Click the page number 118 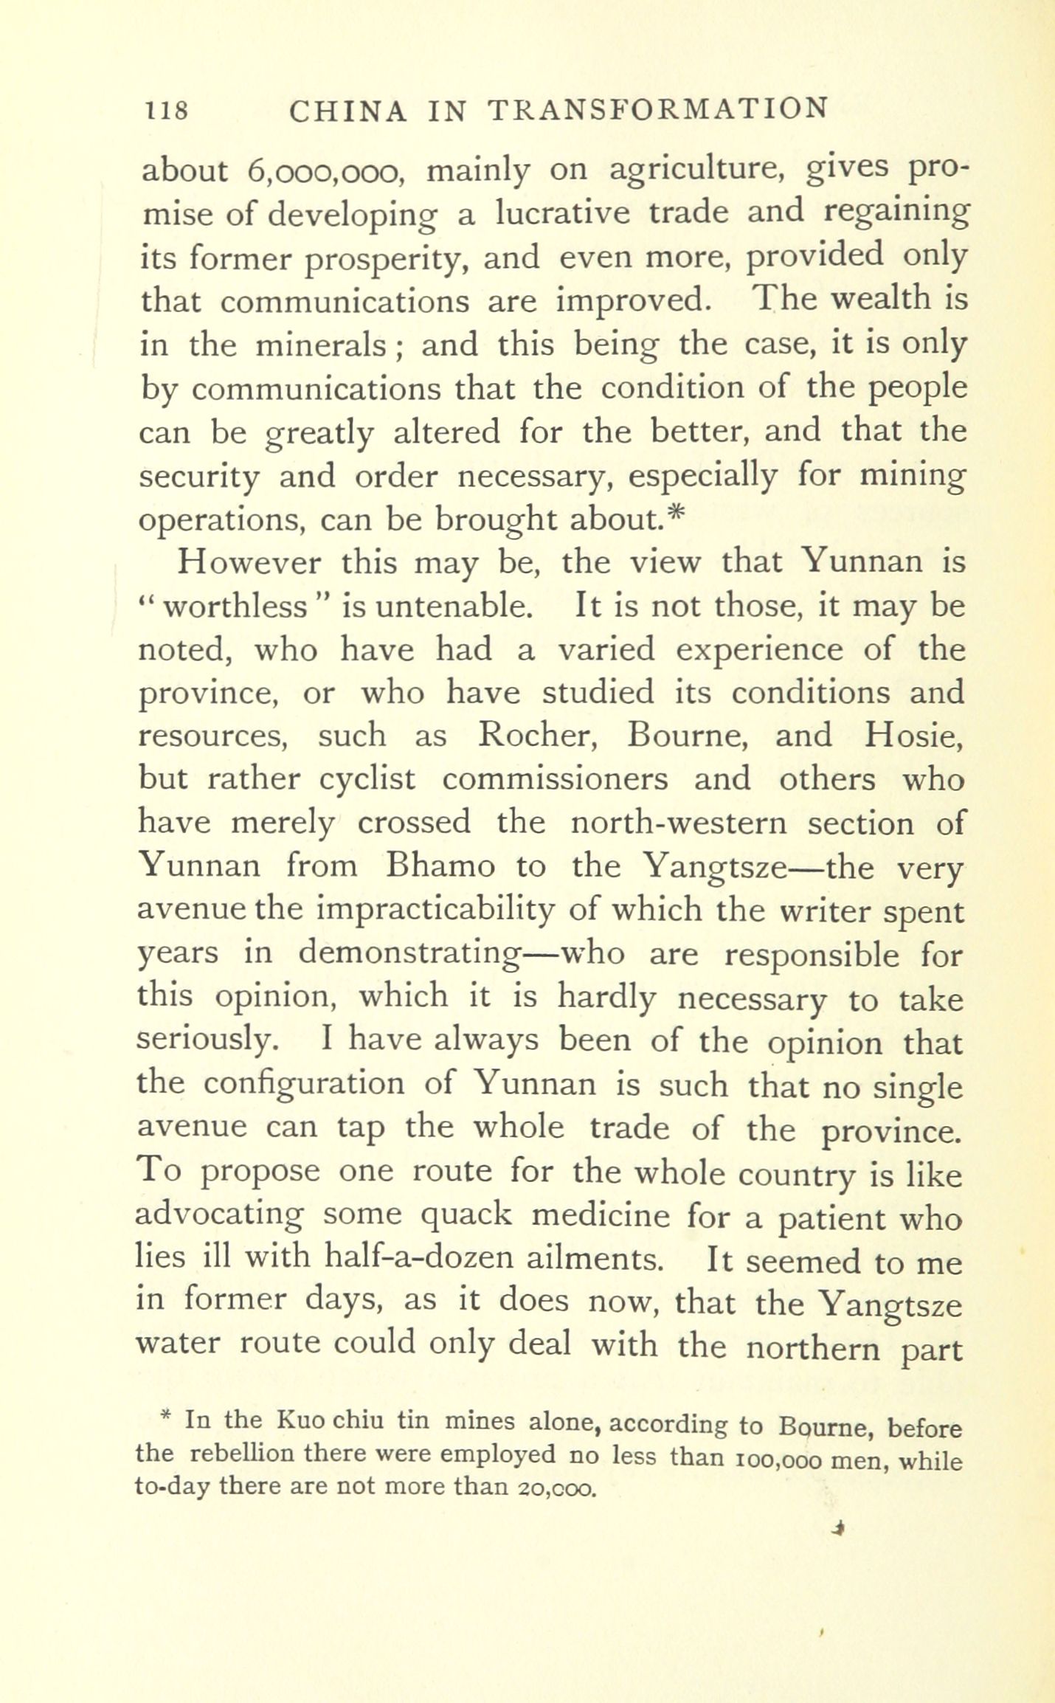167,111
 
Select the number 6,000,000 323,171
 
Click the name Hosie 912,736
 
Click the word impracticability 435,911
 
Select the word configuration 304,1084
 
